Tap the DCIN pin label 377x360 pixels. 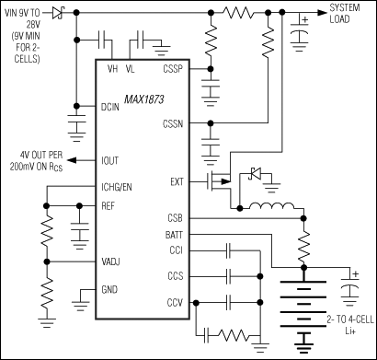[x=113, y=107]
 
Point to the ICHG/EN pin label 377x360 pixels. [x=119, y=185]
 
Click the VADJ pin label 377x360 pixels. [x=112, y=262]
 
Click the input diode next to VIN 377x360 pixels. [x=57, y=12]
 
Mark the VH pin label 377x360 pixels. [x=113, y=68]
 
